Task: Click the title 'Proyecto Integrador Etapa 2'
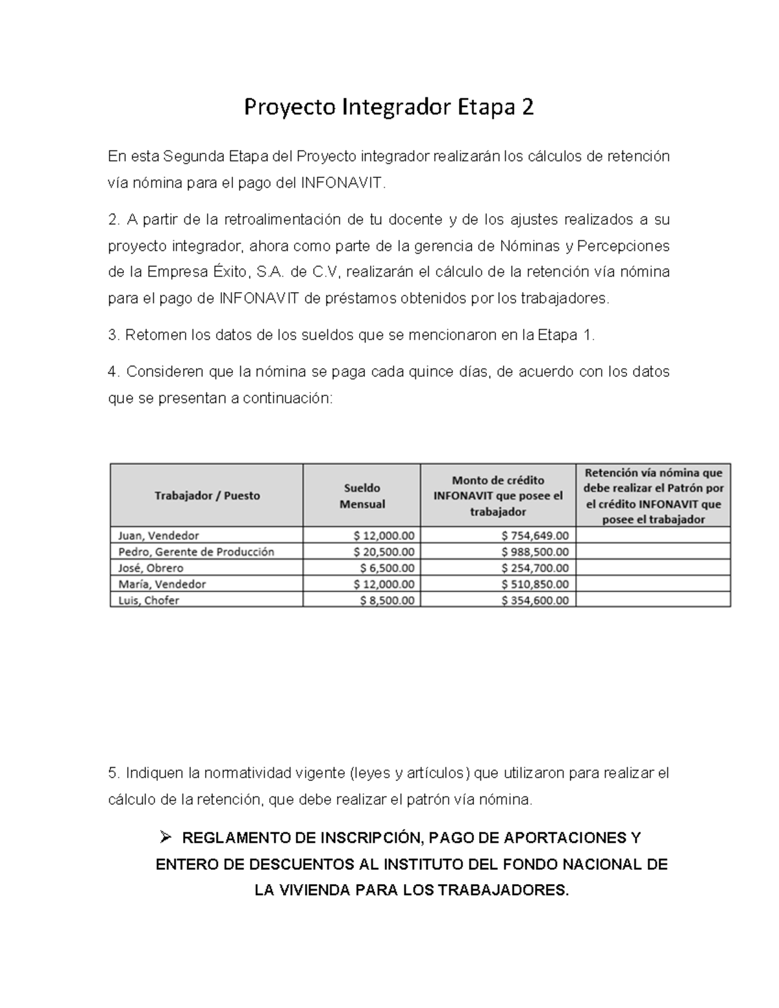[388, 107]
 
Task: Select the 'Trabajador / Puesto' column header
[206, 495]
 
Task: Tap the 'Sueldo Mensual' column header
[362, 495]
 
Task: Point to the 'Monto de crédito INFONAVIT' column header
[498, 495]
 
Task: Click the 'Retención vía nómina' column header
[653, 495]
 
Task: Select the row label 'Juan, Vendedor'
[158, 535]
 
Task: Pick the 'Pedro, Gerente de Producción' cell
[196, 552]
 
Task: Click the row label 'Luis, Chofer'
[149, 600]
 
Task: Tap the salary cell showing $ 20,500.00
[384, 552]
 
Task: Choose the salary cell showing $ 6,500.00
[387, 568]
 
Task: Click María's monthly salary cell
[384, 584]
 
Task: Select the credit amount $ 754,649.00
[535, 535]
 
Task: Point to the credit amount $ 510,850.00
[535, 584]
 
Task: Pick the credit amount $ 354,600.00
[535, 600]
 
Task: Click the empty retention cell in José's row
[653, 568]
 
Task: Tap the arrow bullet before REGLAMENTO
[164, 838]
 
